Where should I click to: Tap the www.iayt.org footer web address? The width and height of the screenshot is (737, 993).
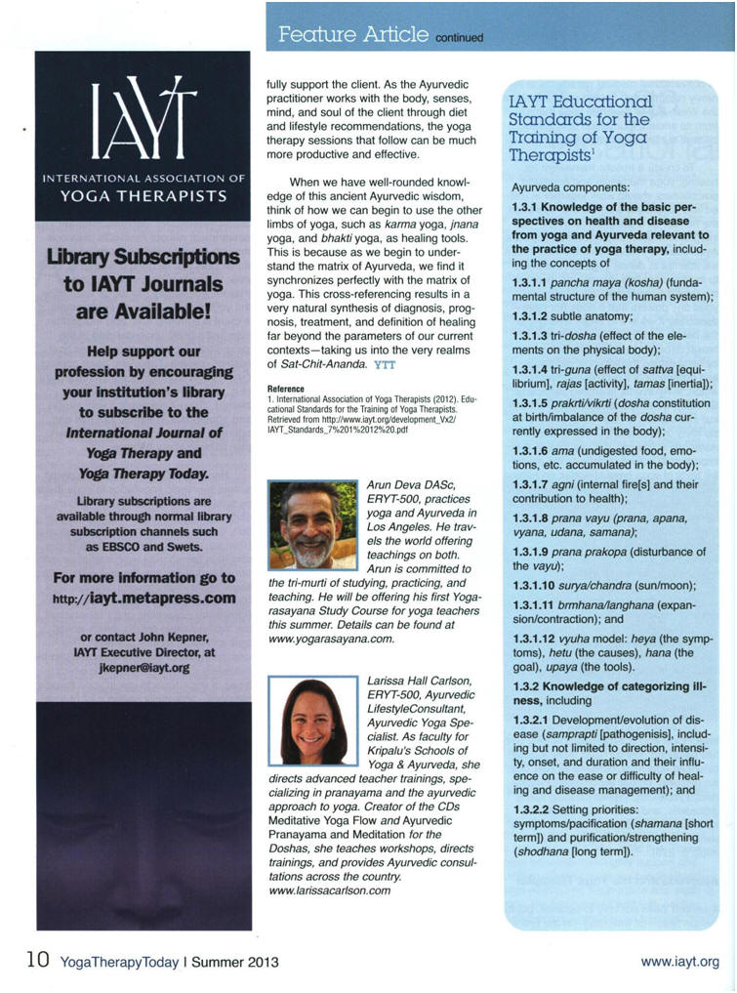pyautogui.click(x=679, y=962)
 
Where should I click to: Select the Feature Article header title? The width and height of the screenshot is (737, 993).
pyautogui.click(x=352, y=35)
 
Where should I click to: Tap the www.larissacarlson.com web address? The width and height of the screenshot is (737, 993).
pyautogui.click(x=328, y=890)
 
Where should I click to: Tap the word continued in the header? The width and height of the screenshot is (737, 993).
pyautogui.click(x=459, y=39)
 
